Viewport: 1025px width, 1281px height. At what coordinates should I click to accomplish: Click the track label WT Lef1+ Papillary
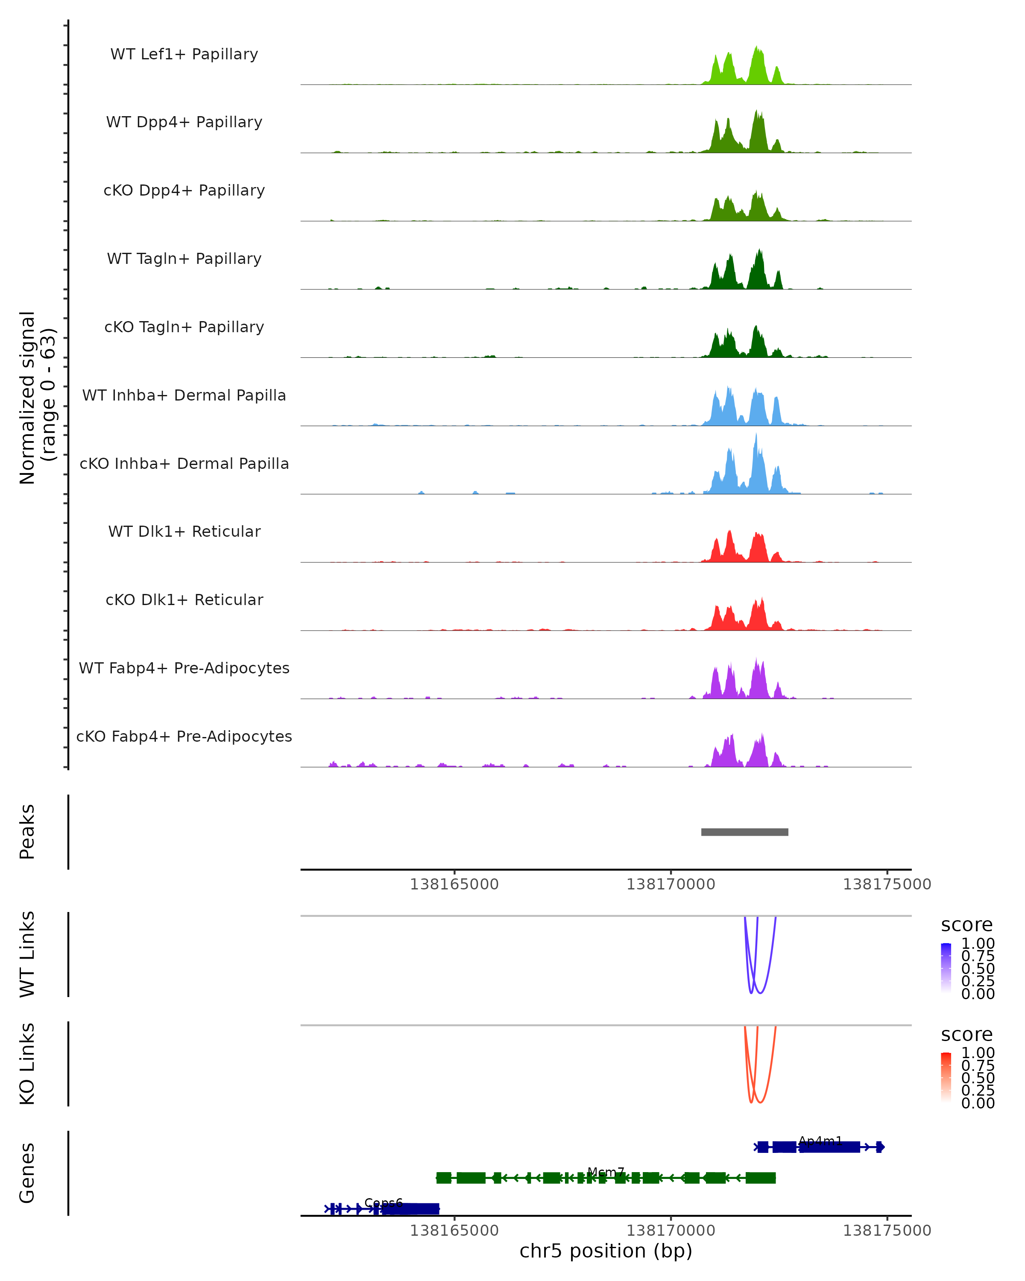(184, 54)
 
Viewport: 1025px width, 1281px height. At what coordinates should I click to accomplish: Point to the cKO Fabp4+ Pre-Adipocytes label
(184, 736)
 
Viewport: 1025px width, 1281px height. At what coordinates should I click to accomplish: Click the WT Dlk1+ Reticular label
(184, 531)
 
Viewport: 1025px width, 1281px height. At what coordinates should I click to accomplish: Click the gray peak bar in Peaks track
(744, 832)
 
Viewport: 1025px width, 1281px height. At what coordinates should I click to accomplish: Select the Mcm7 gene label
(606, 1172)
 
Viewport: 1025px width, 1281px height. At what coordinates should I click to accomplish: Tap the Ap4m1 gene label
(820, 1141)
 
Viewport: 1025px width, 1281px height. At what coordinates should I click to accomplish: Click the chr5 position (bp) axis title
(606, 1251)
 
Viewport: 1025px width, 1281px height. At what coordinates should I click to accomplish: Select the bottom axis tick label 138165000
(454, 1231)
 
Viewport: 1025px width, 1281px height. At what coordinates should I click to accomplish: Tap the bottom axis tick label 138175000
(887, 1231)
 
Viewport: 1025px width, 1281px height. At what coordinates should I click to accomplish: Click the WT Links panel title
(27, 954)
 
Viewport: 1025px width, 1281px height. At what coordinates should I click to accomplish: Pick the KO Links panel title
(27, 1064)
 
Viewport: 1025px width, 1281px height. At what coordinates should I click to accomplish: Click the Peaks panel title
(27, 832)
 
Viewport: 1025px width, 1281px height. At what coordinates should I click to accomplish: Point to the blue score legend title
(967, 925)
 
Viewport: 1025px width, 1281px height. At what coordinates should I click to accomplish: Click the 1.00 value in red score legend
(978, 1053)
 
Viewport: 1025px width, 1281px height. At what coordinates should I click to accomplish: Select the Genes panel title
(27, 1173)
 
